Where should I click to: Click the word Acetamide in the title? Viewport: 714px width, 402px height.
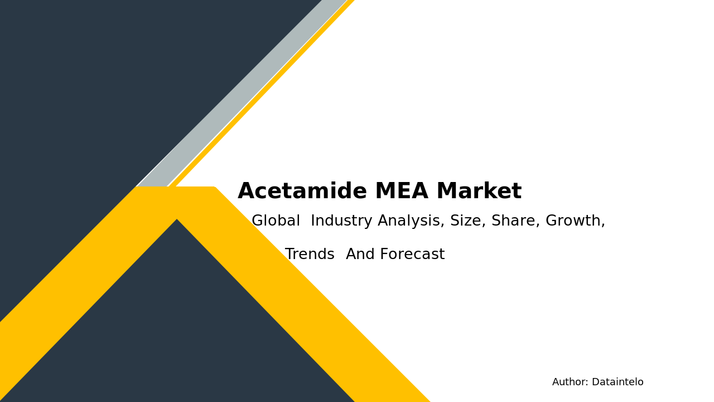point(302,192)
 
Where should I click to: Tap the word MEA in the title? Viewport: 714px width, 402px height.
point(401,192)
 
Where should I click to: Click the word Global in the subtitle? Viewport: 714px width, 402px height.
point(276,221)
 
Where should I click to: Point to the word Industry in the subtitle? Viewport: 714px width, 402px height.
point(341,221)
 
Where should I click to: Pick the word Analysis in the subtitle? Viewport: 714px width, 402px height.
point(411,221)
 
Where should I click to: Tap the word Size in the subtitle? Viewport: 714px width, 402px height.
point(467,221)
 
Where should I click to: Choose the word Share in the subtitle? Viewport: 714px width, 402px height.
point(515,221)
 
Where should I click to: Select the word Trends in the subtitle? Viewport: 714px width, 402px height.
point(310,255)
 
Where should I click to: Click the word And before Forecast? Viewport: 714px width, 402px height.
point(361,255)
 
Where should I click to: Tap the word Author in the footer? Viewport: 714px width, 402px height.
point(570,382)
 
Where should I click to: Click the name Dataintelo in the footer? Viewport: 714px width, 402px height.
point(617,382)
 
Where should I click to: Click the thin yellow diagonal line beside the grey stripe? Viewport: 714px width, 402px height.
point(262,95)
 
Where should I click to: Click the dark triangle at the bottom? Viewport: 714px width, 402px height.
point(177,335)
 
